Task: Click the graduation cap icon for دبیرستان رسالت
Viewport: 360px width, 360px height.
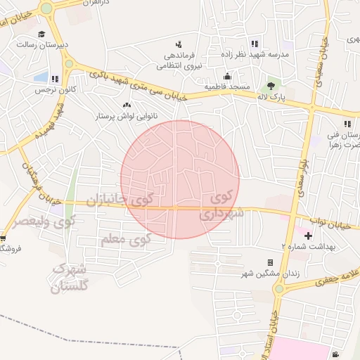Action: point(41,34)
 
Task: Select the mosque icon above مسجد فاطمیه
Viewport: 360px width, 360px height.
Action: point(227,76)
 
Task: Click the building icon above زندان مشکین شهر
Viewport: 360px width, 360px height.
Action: point(270,262)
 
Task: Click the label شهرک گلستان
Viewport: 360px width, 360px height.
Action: point(70,278)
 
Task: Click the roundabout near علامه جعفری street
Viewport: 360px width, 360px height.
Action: point(279,288)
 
